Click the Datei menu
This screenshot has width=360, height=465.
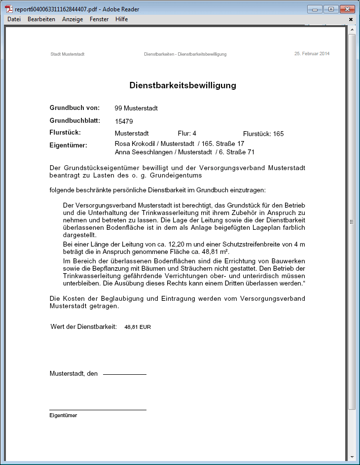point(14,19)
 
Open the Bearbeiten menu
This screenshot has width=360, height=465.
point(41,19)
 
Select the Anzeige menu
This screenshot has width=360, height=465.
point(72,19)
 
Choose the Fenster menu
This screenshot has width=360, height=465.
point(99,19)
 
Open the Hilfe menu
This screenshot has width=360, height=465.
point(121,19)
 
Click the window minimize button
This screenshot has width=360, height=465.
point(315,9)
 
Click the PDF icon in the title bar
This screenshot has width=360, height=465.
point(9,9)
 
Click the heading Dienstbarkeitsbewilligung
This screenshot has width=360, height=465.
point(182,85)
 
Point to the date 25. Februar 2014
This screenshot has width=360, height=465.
point(312,53)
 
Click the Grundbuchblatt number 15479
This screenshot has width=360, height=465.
point(124,121)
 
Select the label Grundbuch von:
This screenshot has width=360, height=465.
point(74,107)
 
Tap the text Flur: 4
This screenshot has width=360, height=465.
point(187,134)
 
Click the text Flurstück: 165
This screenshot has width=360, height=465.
point(263,134)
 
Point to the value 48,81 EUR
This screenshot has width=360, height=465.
point(138,327)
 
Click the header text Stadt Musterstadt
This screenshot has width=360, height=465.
point(67,54)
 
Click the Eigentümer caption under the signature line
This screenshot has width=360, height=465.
point(63,415)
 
